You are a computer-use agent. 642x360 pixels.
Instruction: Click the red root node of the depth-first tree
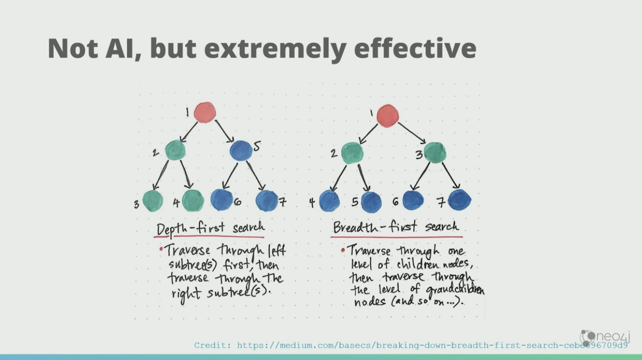coord(205,113)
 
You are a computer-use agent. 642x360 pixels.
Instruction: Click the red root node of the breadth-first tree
coord(387,115)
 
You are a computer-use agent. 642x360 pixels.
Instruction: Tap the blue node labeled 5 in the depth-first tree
coord(241,151)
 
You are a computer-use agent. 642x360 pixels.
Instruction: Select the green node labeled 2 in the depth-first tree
coord(175,150)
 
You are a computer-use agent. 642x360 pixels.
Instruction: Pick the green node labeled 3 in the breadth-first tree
coord(435,153)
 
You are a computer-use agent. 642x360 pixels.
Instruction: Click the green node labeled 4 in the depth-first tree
coord(193,200)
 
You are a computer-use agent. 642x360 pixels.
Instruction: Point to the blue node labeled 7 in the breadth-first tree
coord(459,200)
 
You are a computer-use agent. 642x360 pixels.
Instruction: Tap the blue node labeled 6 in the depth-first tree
coord(222,199)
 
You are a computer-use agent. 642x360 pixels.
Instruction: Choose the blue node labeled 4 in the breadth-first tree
coord(330,201)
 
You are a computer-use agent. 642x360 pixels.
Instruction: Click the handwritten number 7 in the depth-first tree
coord(283,202)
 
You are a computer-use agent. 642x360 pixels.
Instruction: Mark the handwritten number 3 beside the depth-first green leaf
coord(136,204)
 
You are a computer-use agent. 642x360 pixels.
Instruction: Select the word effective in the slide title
coord(415,49)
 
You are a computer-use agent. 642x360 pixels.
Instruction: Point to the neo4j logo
coord(605,337)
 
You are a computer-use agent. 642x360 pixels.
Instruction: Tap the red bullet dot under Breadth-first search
coord(343,250)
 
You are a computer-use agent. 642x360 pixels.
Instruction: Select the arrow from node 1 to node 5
coord(225,131)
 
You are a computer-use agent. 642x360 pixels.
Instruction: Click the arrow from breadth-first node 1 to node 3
coord(412,133)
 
